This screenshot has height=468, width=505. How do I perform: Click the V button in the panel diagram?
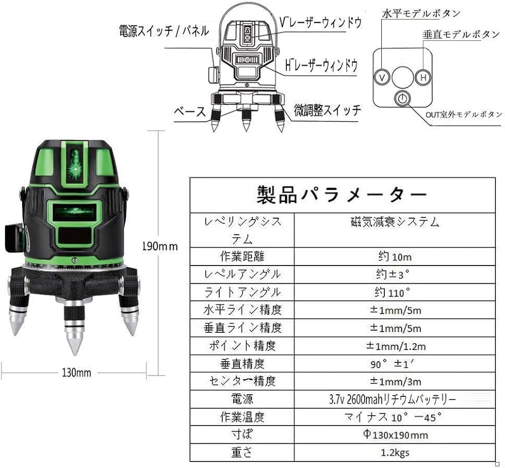[x=382, y=78]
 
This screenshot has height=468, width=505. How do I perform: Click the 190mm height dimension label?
[x=160, y=247]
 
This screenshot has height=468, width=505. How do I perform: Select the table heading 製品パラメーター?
[x=342, y=194]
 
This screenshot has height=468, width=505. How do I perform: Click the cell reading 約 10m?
[x=394, y=256]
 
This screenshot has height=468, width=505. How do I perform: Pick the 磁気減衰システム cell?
[x=394, y=222]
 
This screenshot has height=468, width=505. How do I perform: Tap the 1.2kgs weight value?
[x=394, y=452]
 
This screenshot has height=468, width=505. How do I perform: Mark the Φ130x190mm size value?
[x=394, y=435]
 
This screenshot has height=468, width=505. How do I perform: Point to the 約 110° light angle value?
[x=394, y=292]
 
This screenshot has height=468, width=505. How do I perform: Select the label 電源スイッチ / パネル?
[x=163, y=31]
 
